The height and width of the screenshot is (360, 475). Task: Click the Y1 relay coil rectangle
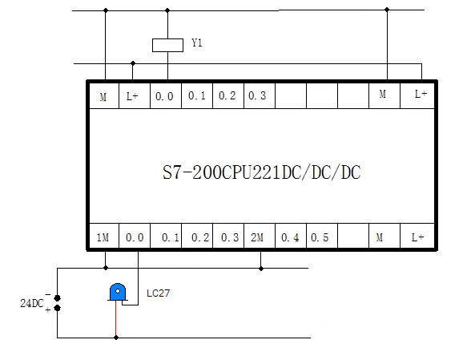click(x=167, y=45)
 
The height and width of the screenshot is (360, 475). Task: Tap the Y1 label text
click(x=197, y=42)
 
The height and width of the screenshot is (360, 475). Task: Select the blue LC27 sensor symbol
click(x=118, y=292)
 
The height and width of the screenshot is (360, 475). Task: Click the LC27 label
click(x=158, y=293)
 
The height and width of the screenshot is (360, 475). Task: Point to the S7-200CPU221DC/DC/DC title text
click(x=261, y=172)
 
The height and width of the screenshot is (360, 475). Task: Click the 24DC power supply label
click(x=32, y=303)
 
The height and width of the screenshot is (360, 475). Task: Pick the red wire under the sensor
click(x=115, y=319)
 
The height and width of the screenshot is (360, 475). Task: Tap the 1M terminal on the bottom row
click(x=103, y=237)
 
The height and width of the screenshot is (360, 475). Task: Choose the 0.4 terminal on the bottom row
click(x=290, y=237)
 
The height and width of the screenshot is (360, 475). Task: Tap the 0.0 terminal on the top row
click(x=164, y=96)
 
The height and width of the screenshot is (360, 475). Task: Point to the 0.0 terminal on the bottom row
click(x=135, y=237)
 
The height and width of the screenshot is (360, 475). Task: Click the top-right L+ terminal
click(x=421, y=94)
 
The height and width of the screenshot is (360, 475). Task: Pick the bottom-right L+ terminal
click(x=418, y=237)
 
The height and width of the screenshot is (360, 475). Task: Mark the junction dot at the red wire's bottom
click(x=116, y=338)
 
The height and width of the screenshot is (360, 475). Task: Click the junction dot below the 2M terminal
click(x=261, y=269)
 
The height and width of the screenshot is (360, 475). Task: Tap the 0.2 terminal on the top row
click(x=227, y=95)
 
